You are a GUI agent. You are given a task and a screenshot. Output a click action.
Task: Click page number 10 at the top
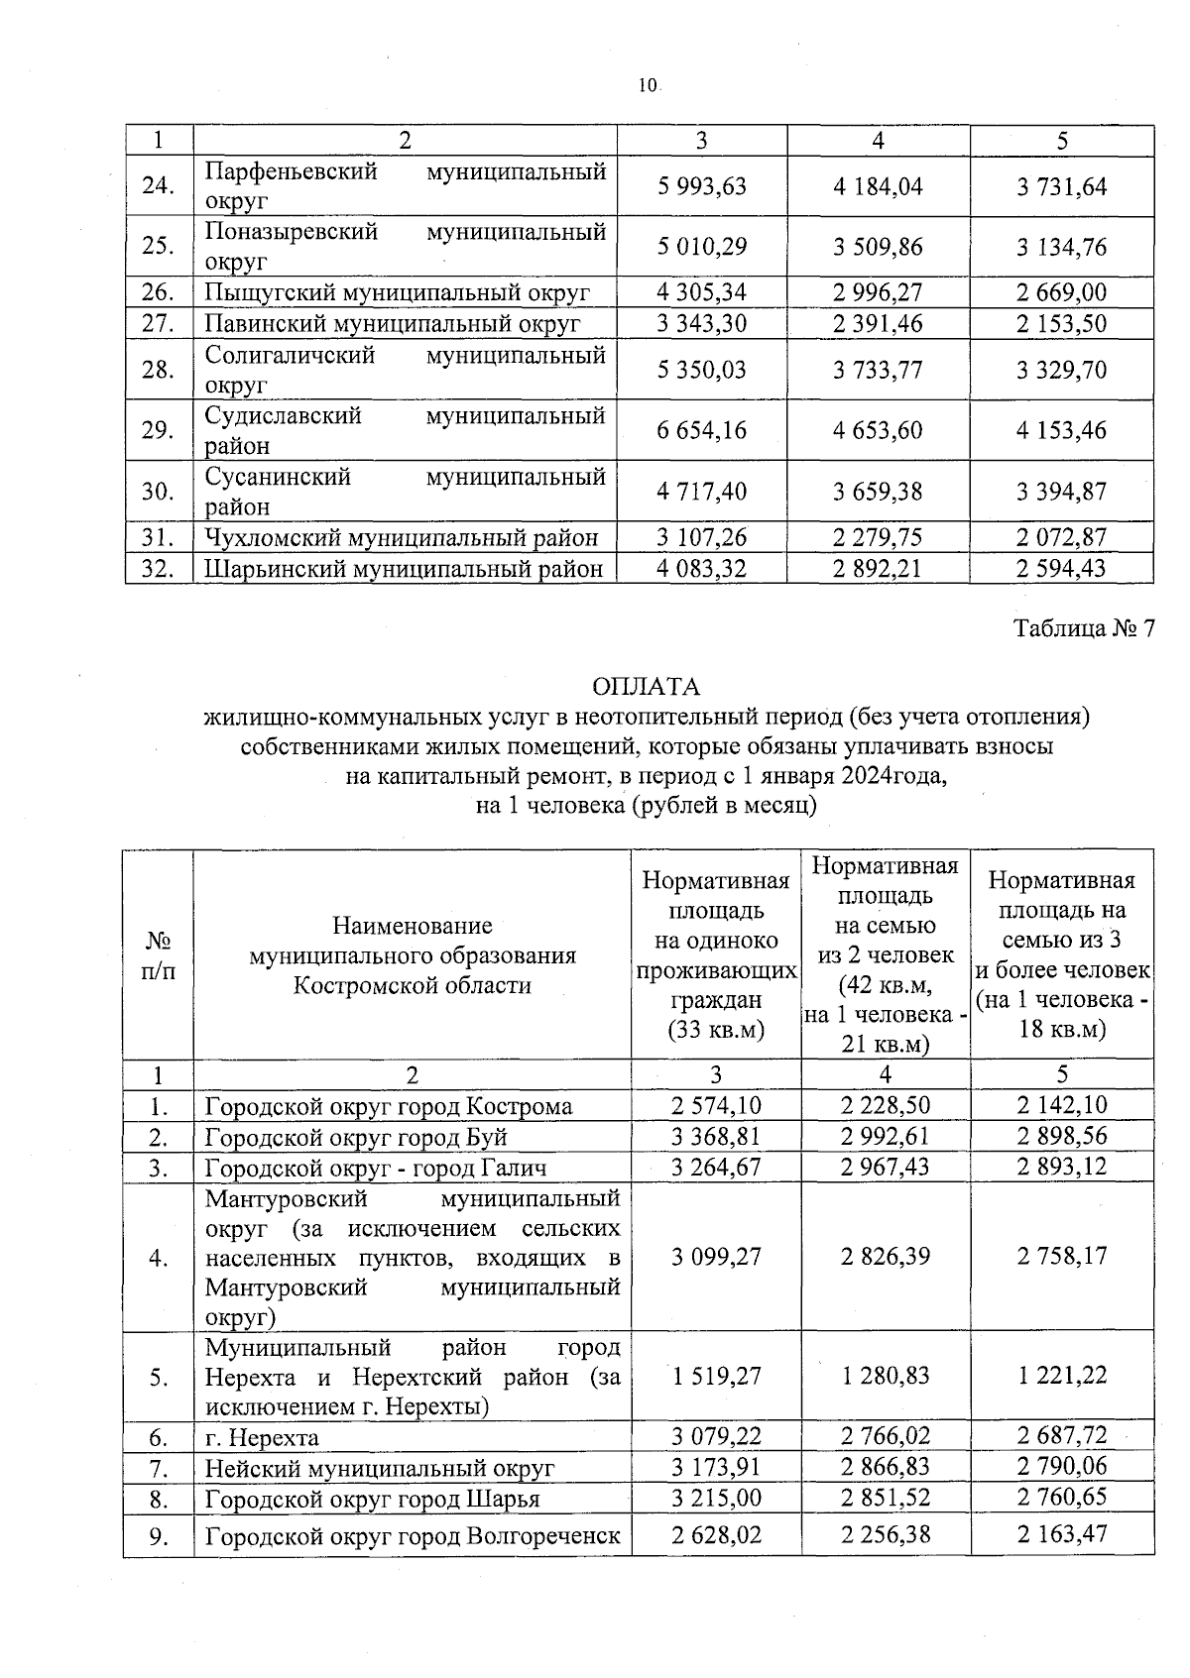[x=648, y=86]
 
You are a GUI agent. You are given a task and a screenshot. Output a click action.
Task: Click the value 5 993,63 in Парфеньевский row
[x=701, y=186]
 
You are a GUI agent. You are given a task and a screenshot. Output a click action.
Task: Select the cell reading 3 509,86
[x=878, y=247]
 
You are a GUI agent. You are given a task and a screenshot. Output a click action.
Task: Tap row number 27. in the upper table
[x=159, y=324]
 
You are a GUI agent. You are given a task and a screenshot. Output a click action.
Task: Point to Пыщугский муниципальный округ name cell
[x=397, y=293]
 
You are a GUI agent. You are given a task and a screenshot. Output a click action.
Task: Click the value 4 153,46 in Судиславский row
[x=1061, y=430]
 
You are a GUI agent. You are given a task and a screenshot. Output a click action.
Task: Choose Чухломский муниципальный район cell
[x=402, y=538]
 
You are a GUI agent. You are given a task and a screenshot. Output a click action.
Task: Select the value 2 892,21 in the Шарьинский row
[x=878, y=569]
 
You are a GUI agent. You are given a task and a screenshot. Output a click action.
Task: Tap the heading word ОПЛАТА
[x=646, y=687]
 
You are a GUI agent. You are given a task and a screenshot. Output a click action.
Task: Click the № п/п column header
[x=159, y=954]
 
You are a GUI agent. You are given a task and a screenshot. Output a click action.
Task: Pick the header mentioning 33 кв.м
[x=716, y=954]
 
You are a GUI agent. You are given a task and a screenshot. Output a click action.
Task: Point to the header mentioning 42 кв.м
[x=885, y=954]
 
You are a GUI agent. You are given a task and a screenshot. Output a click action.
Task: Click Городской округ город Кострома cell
[x=389, y=1106]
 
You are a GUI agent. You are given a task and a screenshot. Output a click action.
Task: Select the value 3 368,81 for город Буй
[x=716, y=1137]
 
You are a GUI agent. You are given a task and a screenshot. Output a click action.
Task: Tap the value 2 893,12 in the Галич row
[x=1061, y=1168]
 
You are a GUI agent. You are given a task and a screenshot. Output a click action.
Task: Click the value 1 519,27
[x=716, y=1376]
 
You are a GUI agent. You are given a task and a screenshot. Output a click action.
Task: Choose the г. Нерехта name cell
[x=262, y=1437]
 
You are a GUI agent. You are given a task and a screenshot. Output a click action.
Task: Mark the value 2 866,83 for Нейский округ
[x=885, y=1467]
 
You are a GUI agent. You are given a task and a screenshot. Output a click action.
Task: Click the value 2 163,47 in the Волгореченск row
[x=1061, y=1535]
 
